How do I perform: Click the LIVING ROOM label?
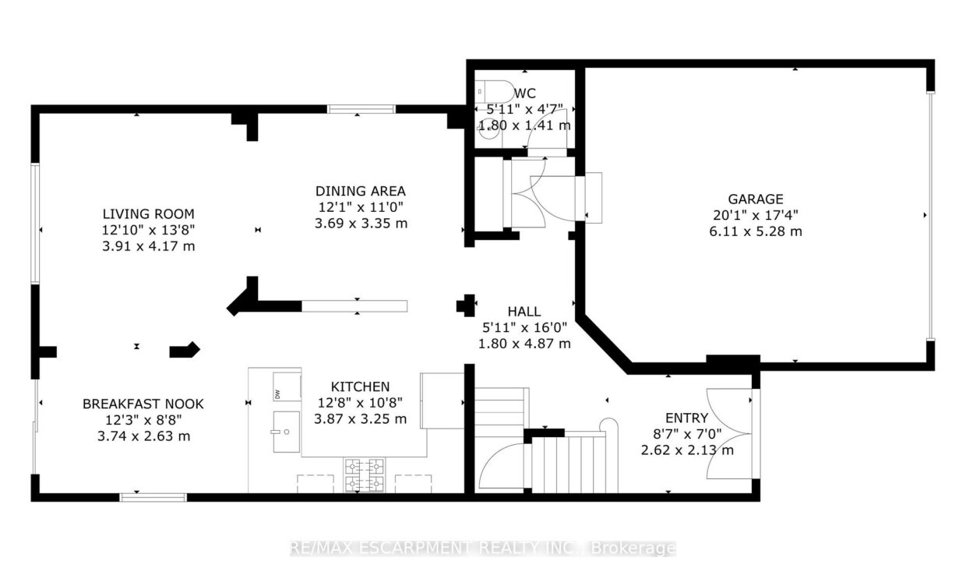pos(148,213)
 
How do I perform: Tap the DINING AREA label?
pos(361,191)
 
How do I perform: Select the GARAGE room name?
pos(756,199)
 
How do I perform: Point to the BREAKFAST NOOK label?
pos(143,404)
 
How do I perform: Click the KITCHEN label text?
pos(360,386)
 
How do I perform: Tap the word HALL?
pos(524,312)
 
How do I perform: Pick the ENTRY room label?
pos(686,418)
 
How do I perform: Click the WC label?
pos(525,93)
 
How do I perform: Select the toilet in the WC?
pos(494,91)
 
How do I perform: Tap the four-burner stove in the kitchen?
pos(365,475)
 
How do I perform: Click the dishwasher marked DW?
pos(287,386)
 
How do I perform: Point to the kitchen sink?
pos(286,432)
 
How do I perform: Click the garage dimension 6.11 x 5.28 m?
pos(756,231)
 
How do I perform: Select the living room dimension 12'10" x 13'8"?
pos(148,230)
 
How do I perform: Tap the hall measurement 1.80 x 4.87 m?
pos(524,344)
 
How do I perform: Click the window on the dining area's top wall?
pos(361,108)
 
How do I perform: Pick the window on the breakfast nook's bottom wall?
pos(153,497)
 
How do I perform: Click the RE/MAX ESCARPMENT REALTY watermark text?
pos(482,548)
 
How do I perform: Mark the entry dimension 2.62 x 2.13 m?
pos(687,450)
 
